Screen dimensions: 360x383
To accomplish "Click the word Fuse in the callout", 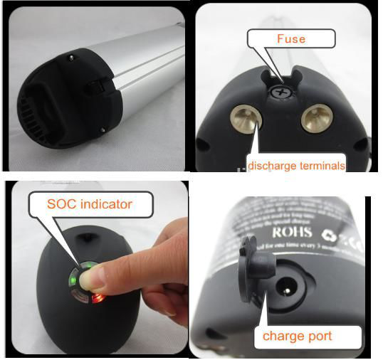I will (291, 38).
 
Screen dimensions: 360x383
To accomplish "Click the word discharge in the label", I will (273, 166).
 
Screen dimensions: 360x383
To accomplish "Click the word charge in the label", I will (280, 335).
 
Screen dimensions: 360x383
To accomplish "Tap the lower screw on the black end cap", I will (104, 129).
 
